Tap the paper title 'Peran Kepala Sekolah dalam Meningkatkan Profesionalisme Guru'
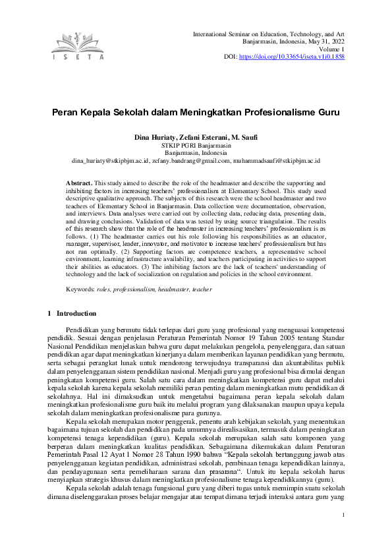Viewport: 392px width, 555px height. (x=196, y=113)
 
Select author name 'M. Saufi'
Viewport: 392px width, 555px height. (x=243, y=137)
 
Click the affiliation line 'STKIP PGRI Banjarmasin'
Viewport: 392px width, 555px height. (x=196, y=145)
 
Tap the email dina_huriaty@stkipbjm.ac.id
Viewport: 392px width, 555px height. (x=110, y=160)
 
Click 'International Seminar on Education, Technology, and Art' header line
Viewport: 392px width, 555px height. (x=268, y=33)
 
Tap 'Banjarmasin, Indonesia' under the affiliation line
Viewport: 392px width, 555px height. (x=196, y=152)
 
